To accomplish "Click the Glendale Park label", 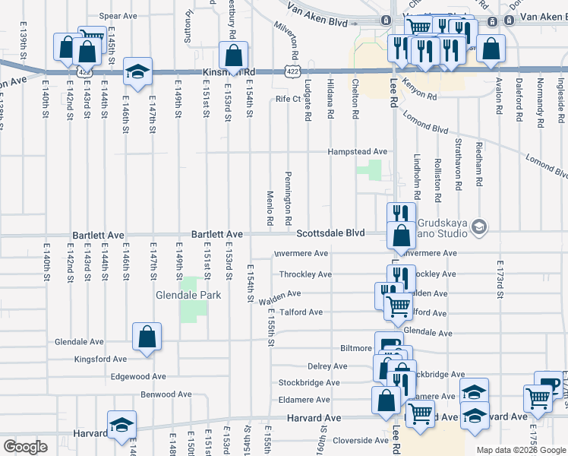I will click(188, 295).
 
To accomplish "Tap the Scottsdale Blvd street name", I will click(330, 233).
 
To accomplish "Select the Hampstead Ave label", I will click(357, 152).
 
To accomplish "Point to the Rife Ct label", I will click(288, 99).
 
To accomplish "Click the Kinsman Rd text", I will click(229, 72).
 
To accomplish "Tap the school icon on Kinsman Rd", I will click(137, 71).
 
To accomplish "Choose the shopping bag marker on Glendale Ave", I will click(147, 336).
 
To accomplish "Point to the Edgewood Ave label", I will click(137, 376).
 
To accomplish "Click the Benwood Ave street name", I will click(166, 395).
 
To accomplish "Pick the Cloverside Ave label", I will click(361, 440).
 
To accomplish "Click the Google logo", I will click(25, 447).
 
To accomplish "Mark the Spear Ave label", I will click(118, 15).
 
